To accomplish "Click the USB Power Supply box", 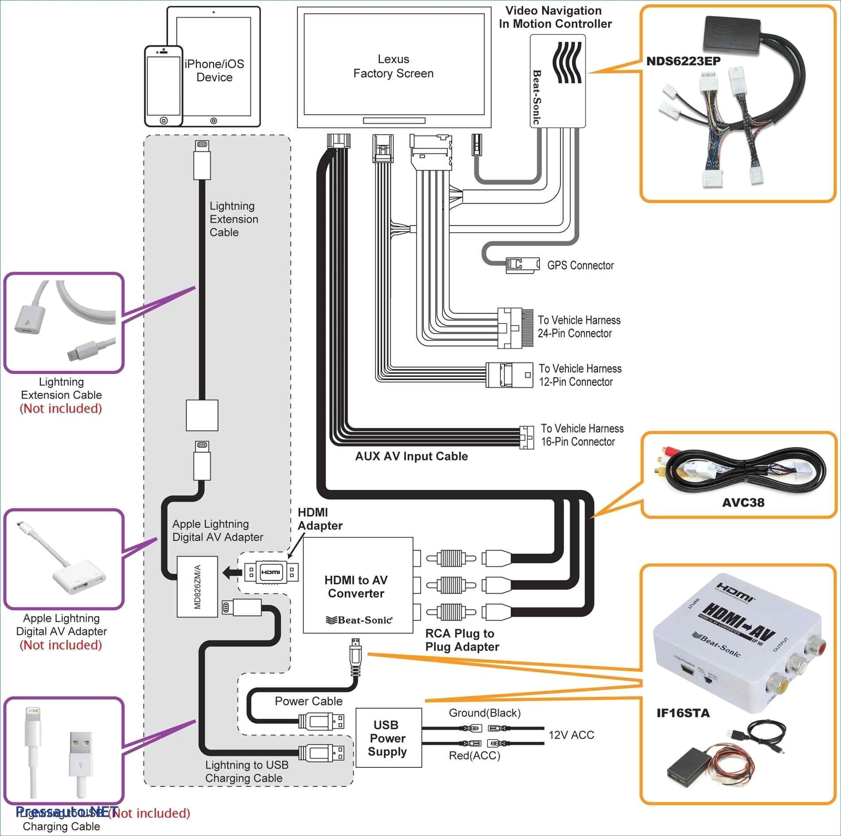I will coord(388,738).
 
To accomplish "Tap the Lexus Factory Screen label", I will coord(393,66).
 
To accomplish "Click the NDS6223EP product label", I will coord(683,61).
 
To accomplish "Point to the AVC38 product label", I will coord(743,502).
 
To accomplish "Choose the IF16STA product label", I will coord(682,713).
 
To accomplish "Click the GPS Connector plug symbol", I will coord(523,264).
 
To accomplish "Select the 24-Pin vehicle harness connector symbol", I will coord(515,328).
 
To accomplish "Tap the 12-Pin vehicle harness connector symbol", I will coord(509,375).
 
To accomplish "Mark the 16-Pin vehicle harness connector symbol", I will coord(526,437).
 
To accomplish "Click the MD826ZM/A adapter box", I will coord(198,586).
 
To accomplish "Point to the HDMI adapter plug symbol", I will coord(271,572).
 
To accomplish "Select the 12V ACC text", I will coord(571,735).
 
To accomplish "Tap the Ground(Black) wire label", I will coord(484,713).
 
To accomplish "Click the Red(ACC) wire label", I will coord(474,755).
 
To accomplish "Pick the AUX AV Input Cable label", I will coord(411,456).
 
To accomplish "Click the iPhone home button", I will coord(163,120).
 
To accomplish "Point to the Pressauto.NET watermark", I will coord(66,812).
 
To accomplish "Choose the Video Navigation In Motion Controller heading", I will coord(555,17).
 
